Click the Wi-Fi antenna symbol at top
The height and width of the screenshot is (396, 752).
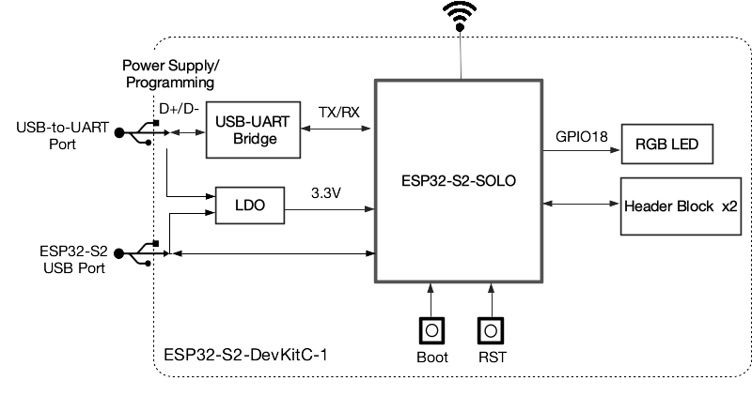(460, 16)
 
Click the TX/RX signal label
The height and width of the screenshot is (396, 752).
(338, 112)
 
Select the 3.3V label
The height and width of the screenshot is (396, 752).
(325, 192)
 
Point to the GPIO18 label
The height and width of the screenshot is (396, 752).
(581, 137)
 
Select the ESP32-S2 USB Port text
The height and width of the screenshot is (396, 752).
(72, 260)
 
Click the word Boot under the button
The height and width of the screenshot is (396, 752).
(431, 357)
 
